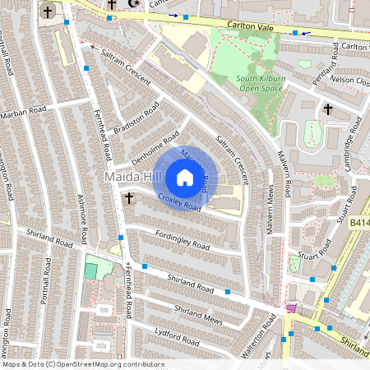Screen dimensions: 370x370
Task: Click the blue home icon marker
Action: [x=185, y=178]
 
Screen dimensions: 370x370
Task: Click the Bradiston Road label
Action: [x=136, y=123]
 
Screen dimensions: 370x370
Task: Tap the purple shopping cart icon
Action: [x=289, y=308]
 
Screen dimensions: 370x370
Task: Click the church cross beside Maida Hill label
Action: [x=128, y=198]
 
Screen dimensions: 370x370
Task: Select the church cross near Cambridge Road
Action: [x=328, y=109]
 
